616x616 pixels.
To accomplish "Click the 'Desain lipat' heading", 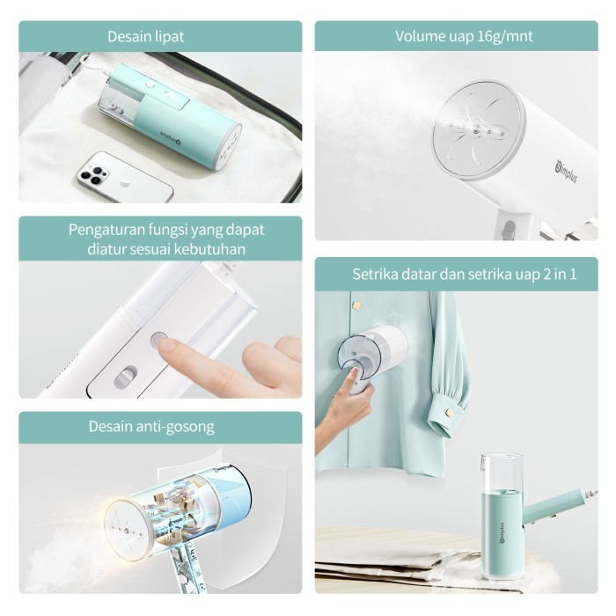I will pos(145,37).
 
